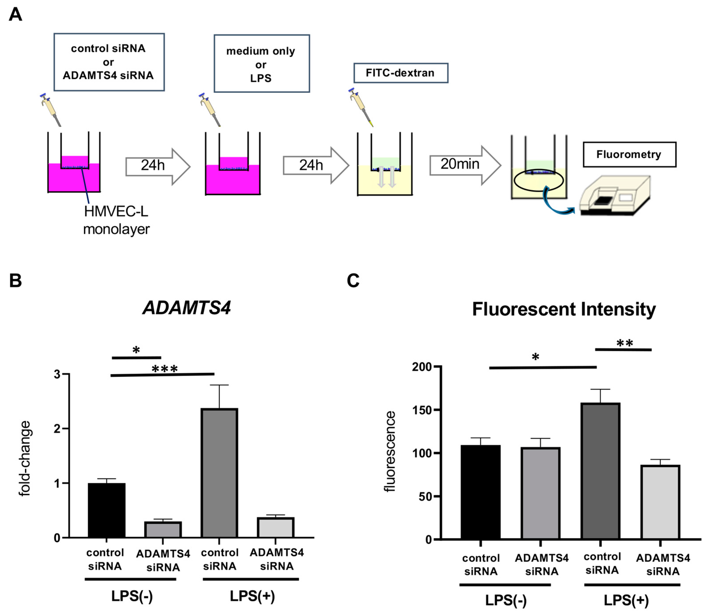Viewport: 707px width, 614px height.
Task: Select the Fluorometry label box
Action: (629, 154)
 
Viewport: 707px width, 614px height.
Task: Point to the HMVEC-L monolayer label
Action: (116, 220)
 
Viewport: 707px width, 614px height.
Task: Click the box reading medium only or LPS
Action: (262, 64)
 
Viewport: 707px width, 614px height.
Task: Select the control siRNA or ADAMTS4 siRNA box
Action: (109, 62)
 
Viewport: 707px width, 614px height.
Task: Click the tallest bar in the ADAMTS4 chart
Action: (219, 473)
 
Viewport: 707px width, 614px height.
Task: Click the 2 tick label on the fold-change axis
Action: (57, 429)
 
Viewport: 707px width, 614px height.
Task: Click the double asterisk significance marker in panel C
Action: (624, 343)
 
